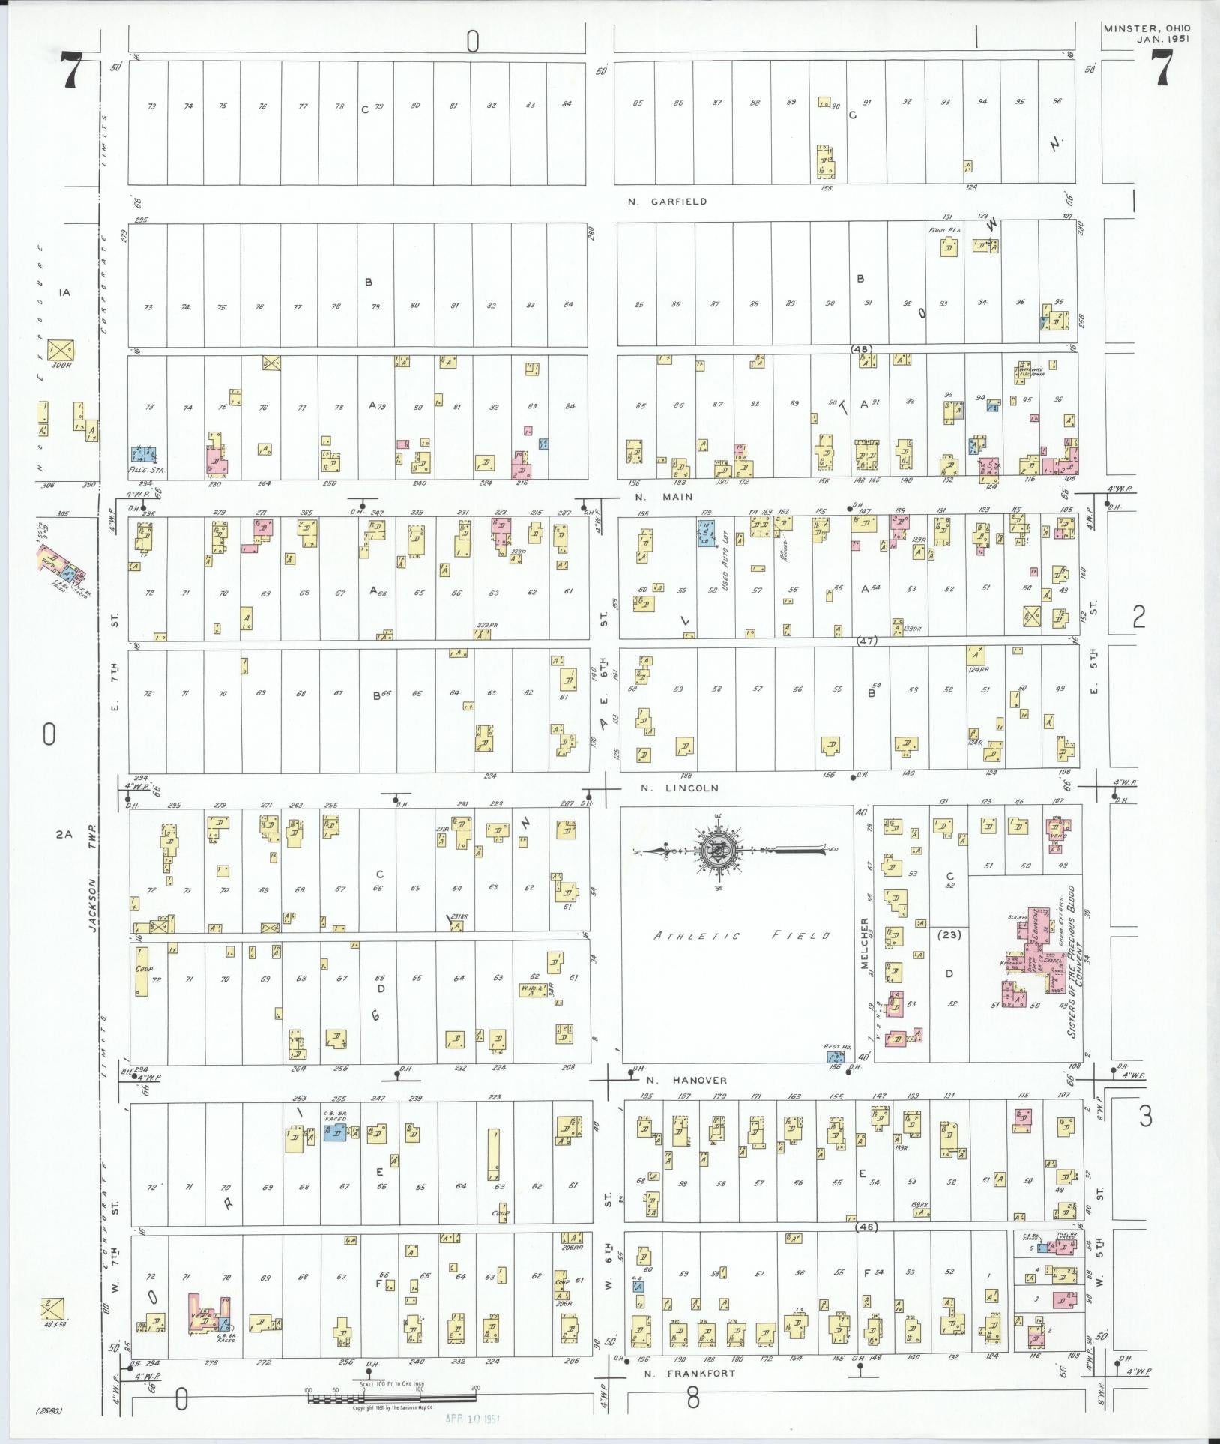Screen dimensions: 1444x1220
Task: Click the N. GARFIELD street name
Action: click(x=668, y=202)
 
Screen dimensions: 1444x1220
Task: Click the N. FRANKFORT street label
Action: click(x=680, y=1374)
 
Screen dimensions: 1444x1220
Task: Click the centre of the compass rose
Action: click(x=719, y=851)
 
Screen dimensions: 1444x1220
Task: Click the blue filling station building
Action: click(x=144, y=455)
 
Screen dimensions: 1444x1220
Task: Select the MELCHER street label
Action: click(x=865, y=944)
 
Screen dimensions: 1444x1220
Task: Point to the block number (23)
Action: click(x=949, y=935)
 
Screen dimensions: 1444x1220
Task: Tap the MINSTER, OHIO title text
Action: click(x=1146, y=28)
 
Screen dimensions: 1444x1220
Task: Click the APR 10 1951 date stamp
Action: click(x=472, y=1419)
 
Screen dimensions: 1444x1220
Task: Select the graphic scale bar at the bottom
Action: click(x=391, y=1398)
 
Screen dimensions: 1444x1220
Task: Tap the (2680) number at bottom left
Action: click(x=48, y=1411)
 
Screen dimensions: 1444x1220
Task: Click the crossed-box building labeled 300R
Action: click(x=61, y=348)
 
